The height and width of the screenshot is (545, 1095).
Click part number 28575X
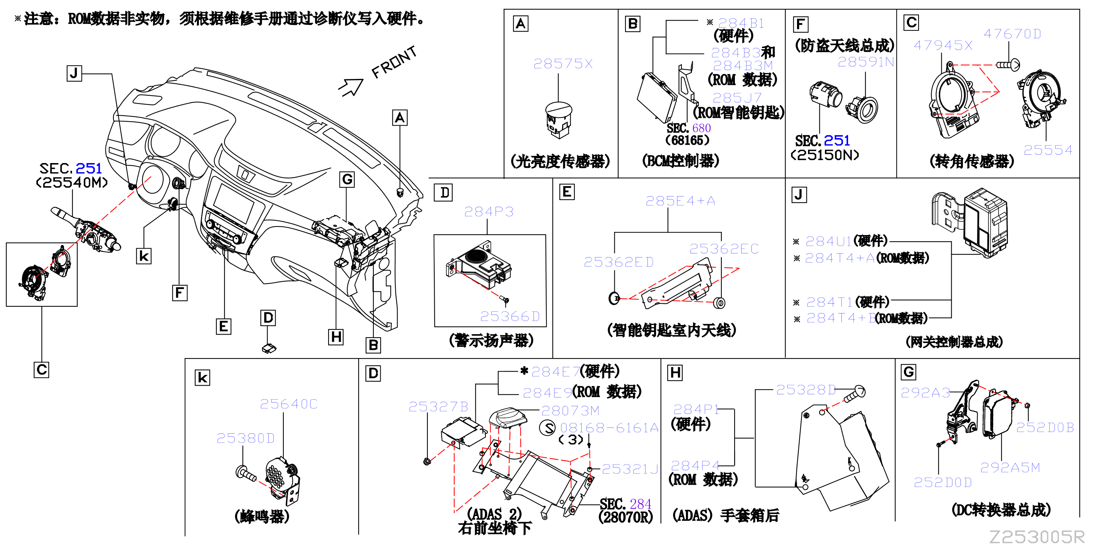tap(563, 64)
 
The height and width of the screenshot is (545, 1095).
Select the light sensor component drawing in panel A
tap(559, 120)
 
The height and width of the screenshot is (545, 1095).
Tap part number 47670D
tap(1012, 34)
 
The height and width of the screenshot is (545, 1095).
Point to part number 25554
tap(1048, 150)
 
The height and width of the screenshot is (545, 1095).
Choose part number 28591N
tap(865, 62)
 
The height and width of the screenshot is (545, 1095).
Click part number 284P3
tap(489, 212)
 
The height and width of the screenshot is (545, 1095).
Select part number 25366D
tap(510, 317)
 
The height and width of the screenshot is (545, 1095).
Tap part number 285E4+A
tap(680, 201)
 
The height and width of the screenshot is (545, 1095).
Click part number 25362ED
tap(618, 262)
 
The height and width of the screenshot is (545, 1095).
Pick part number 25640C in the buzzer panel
tap(288, 404)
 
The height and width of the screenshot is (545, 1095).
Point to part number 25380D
tap(246, 438)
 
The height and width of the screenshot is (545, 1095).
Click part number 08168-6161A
tap(609, 428)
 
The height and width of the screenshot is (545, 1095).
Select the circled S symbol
tap(547, 428)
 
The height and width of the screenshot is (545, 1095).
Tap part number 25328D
tap(806, 390)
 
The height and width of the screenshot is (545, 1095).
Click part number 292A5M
tap(1010, 468)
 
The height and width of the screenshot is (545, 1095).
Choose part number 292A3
tap(925, 393)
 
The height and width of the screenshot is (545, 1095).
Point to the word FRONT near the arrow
tap(394, 62)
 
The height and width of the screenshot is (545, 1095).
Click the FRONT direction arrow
tap(351, 87)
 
